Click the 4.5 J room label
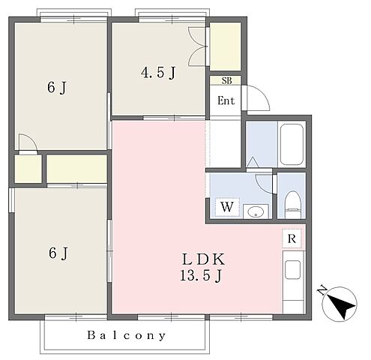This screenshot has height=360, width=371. [158, 73]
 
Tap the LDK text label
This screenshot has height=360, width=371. [203, 259]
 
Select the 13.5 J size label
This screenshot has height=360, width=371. [201, 276]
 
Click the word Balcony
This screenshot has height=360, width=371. [127, 335]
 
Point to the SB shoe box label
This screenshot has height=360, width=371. [226, 80]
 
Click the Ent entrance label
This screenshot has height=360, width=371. [226, 100]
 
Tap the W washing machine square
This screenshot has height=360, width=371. [227, 207]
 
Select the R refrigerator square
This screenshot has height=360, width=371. [292, 238]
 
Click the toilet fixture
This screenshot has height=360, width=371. [292, 205]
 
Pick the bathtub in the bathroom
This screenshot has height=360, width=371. [292, 145]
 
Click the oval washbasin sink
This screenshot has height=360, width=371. [256, 213]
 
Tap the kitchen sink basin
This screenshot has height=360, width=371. [292, 270]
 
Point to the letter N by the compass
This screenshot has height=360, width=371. [322, 289]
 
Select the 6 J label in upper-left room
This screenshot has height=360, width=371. [57, 88]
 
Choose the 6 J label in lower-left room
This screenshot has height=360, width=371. [58, 253]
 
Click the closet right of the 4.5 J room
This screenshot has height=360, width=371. [225, 46]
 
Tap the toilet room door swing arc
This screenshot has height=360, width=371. [264, 184]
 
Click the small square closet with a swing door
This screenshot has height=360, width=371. [28, 169]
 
